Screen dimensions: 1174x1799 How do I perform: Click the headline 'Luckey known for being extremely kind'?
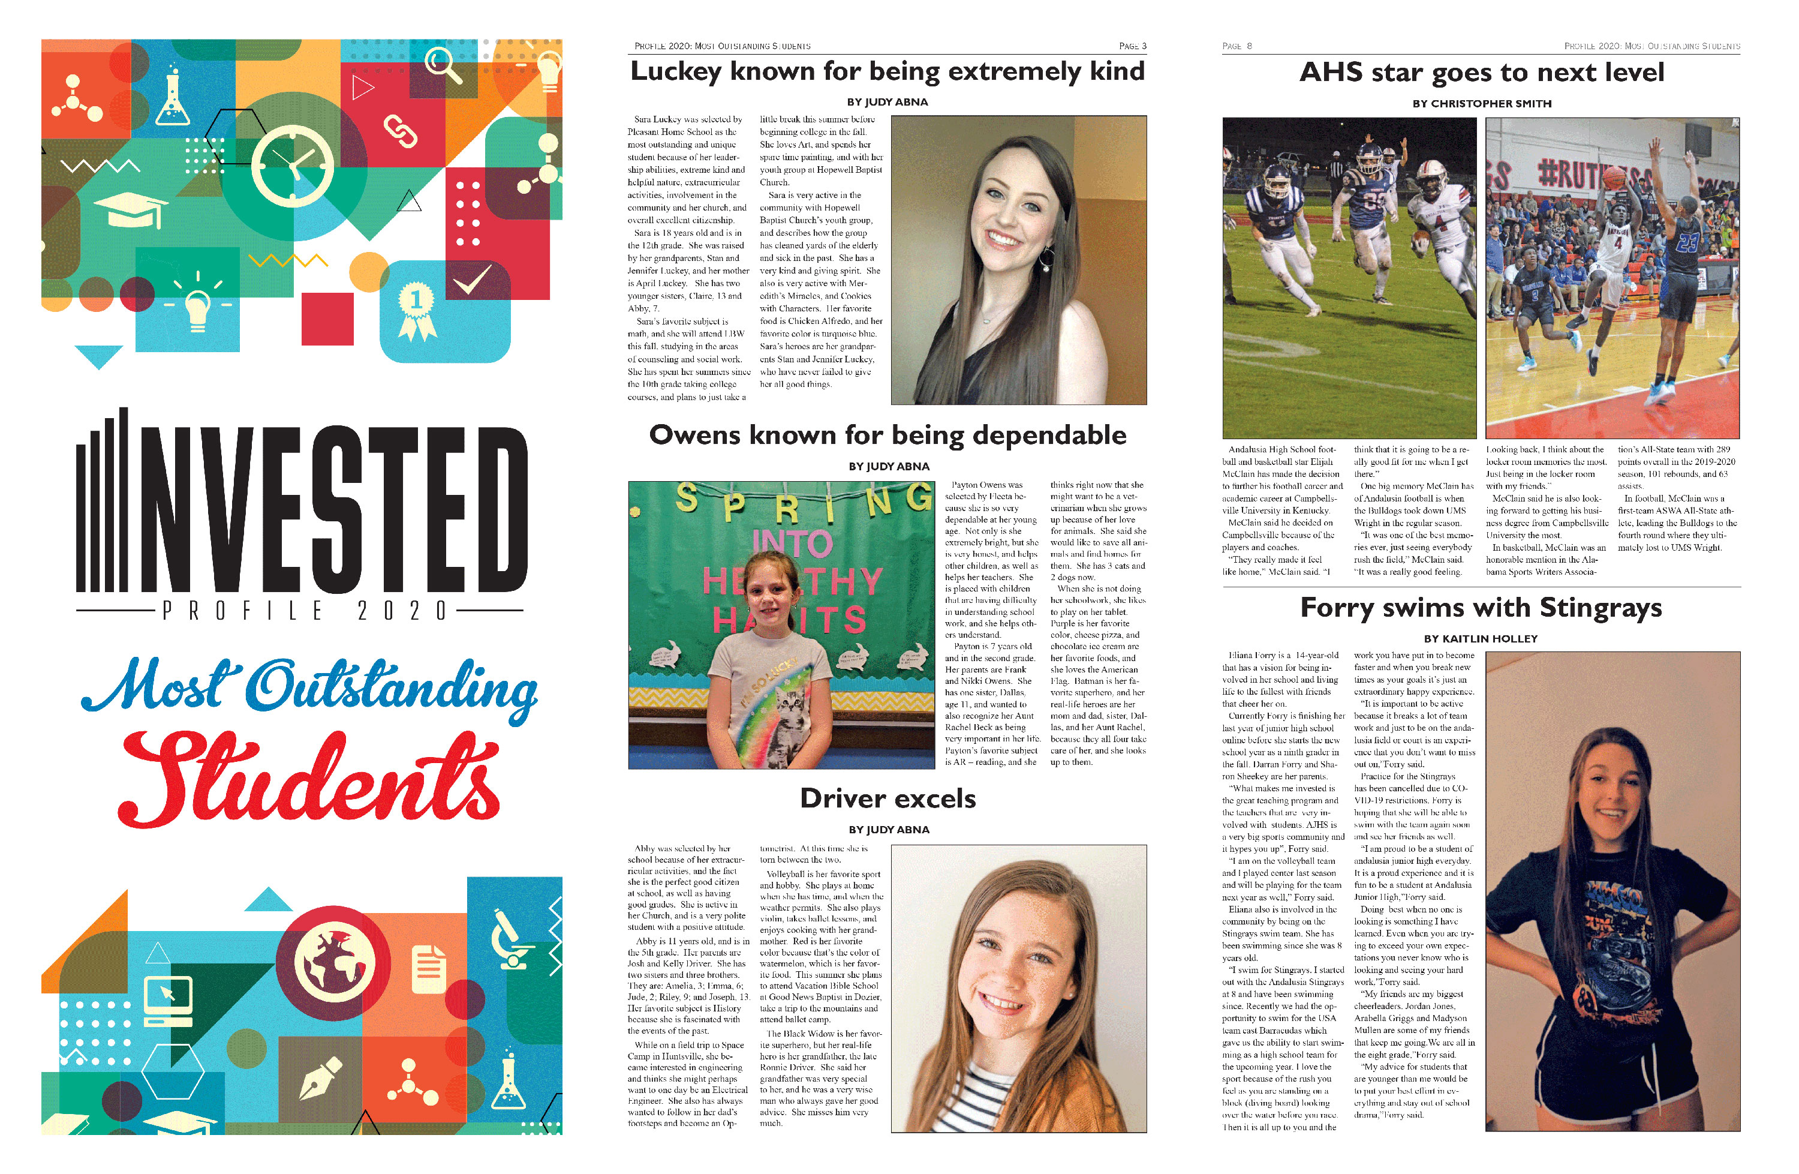pos(888,72)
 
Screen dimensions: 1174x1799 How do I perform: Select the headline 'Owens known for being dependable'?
pos(888,436)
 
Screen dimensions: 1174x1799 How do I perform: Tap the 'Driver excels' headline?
pos(888,799)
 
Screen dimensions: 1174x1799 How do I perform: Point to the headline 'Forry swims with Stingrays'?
pos(1481,608)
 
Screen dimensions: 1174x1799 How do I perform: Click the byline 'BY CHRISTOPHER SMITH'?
pos(1482,104)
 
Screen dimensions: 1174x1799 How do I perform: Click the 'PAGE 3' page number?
pos(1132,46)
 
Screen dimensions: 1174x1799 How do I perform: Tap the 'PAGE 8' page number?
pos(1237,46)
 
